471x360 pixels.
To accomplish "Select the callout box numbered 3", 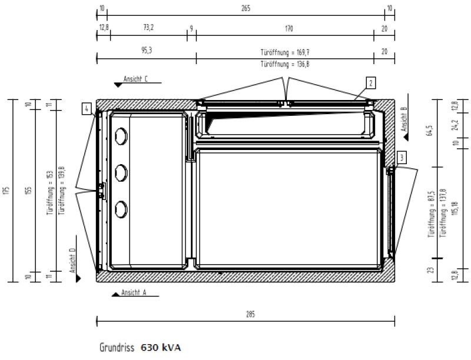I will pos(402,157).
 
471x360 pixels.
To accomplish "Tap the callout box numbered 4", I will pos(87,108).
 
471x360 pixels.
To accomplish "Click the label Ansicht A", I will pos(133,292).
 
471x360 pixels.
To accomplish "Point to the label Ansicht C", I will pos(135,79).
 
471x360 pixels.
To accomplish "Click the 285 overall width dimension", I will pos(251,315).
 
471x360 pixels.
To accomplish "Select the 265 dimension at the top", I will pos(246,8).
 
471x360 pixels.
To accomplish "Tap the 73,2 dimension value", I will pos(148,27).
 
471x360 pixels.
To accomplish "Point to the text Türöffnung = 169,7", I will pos(284,51).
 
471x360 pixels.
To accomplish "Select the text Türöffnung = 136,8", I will pos(284,64).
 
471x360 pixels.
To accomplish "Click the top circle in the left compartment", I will pos(122,137).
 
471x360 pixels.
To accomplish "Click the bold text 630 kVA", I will pos(161,348).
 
